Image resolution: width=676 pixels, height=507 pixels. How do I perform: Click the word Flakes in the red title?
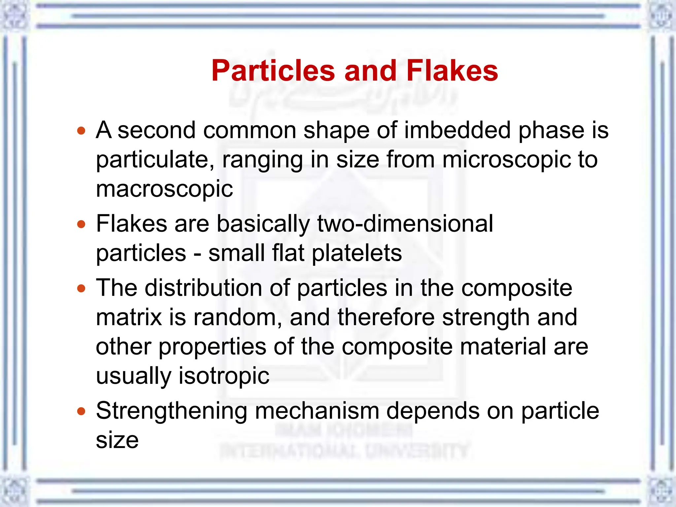(x=452, y=71)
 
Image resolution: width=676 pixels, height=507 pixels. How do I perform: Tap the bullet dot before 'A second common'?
(x=81, y=131)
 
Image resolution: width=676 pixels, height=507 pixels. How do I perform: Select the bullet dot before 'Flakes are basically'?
(x=81, y=225)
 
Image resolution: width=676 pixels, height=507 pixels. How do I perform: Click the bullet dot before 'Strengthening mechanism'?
(x=81, y=412)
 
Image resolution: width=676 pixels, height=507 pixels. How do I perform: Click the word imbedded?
(x=457, y=130)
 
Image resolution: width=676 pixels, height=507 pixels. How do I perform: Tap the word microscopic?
(x=506, y=160)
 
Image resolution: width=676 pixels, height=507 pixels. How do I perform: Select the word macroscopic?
(x=164, y=189)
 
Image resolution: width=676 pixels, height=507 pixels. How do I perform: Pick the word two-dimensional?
(x=405, y=224)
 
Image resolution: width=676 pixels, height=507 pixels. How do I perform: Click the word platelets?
(x=357, y=253)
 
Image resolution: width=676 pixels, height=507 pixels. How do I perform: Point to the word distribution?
(x=204, y=288)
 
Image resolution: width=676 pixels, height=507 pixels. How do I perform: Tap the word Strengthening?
(x=172, y=411)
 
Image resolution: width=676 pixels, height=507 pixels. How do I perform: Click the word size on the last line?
(x=117, y=440)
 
